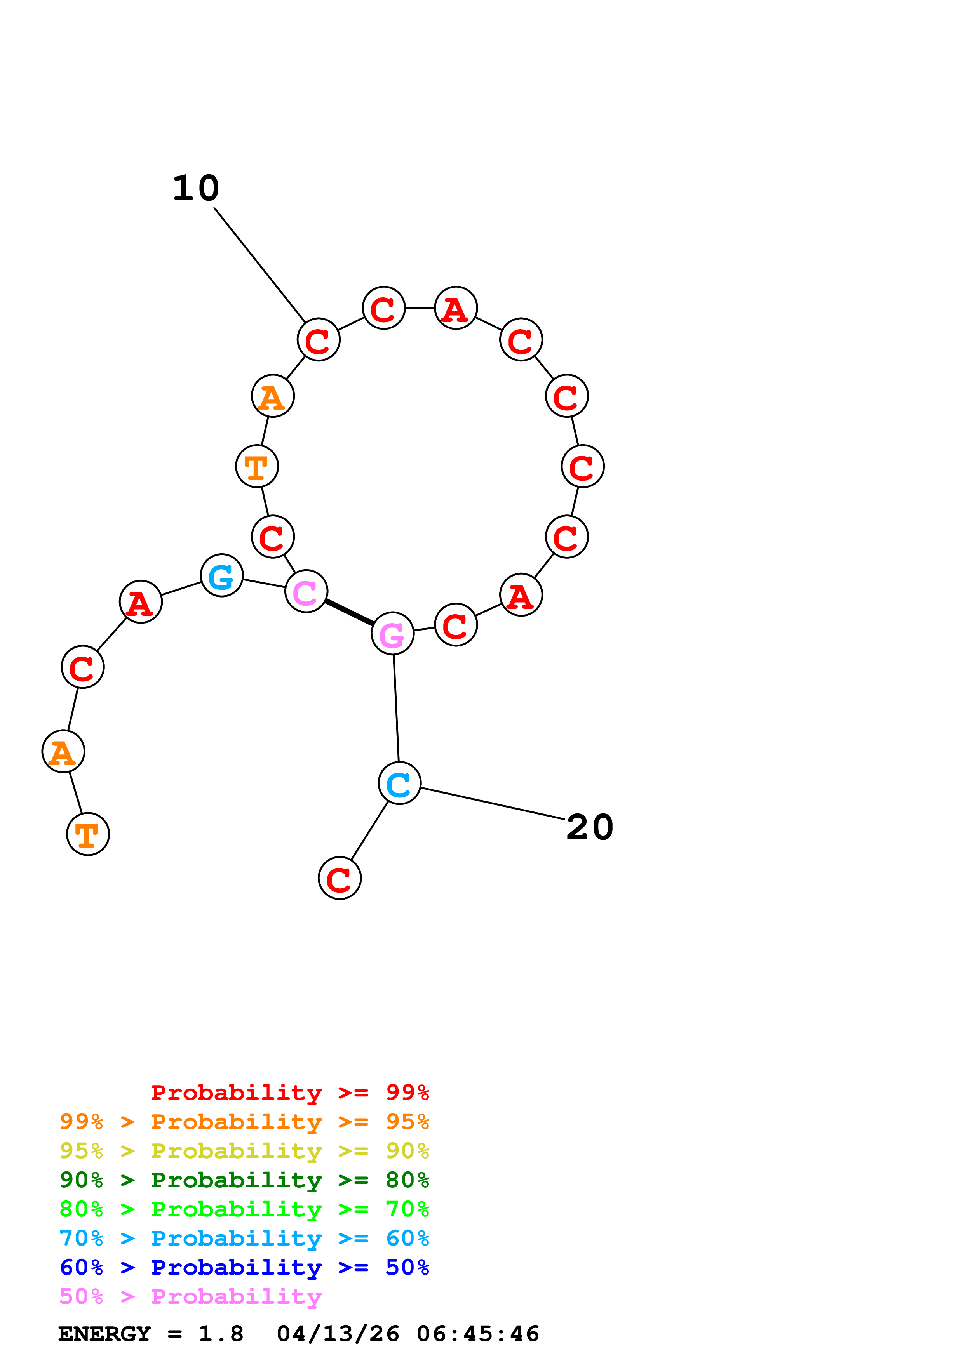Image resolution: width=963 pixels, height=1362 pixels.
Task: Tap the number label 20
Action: point(589,827)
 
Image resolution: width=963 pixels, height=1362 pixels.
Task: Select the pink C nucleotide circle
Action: point(306,591)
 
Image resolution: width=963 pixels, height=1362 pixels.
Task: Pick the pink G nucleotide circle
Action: point(392,634)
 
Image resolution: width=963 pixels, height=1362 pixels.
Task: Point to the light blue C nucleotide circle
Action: point(399,783)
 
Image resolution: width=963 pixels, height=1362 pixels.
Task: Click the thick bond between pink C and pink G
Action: point(349,612)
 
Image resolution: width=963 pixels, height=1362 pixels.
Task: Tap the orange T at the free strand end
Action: point(88,835)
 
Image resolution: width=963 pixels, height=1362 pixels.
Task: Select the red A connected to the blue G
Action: point(141,602)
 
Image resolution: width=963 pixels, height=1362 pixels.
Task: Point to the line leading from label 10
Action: point(259,264)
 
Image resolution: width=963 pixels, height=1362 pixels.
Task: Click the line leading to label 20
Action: point(493,804)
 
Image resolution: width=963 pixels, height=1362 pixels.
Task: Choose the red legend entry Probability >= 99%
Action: point(289,1093)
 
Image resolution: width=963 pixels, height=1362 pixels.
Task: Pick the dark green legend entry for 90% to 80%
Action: point(244,1180)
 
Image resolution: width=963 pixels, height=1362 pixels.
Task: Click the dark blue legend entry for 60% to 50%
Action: point(244,1268)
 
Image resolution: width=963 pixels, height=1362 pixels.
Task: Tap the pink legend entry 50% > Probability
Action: point(190,1297)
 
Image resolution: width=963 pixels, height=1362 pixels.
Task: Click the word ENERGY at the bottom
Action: point(104,1334)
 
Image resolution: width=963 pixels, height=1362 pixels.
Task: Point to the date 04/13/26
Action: point(338,1334)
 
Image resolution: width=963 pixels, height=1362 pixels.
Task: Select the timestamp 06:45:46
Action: point(478,1334)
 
